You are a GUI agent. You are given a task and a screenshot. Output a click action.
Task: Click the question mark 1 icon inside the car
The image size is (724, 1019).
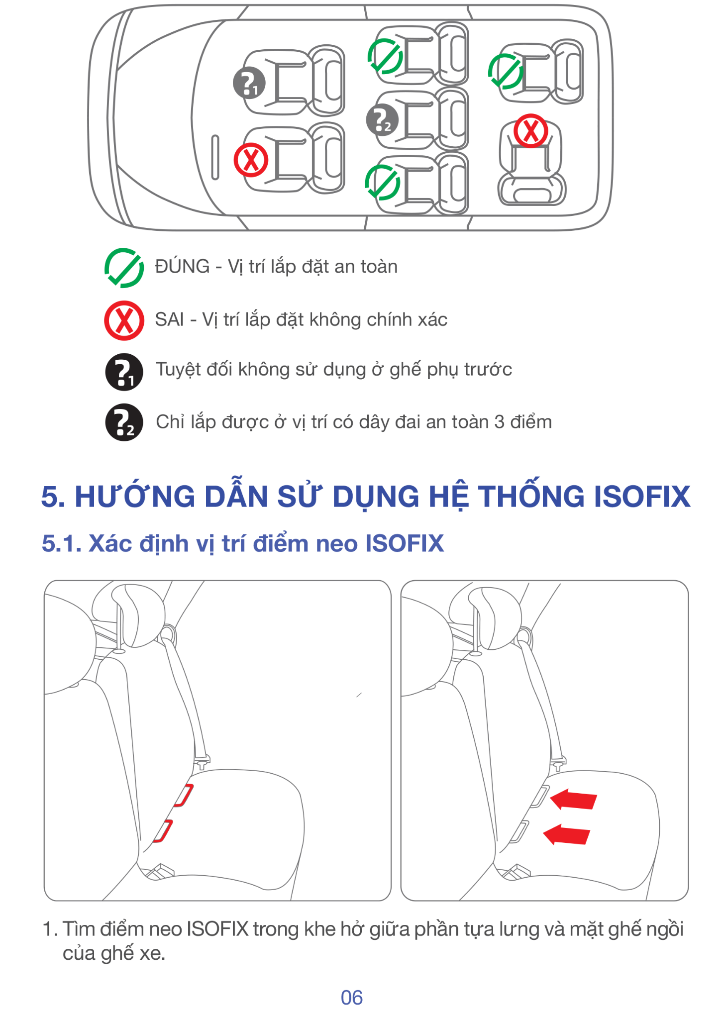249,83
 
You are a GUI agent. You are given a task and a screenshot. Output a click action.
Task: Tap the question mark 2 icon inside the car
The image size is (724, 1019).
382,120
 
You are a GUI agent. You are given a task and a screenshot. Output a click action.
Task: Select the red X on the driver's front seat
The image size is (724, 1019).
251,160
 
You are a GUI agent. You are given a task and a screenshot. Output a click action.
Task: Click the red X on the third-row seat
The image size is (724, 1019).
531,131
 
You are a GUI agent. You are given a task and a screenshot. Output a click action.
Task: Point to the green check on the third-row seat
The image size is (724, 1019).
506,72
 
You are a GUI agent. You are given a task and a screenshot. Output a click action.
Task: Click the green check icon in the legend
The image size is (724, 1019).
124,268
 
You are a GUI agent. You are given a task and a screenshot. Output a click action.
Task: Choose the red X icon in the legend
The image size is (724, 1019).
124,320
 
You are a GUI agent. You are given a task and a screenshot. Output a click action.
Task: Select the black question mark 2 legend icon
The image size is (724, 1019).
124,422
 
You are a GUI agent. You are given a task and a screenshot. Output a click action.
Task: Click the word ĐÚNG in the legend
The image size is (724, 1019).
182,266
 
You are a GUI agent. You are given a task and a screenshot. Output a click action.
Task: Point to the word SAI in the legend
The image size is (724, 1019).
170,319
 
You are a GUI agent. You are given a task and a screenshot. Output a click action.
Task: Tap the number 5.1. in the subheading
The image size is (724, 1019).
62,543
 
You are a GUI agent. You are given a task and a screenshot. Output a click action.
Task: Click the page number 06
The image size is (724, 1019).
352,998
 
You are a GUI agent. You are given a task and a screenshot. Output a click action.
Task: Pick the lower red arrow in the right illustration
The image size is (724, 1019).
566,834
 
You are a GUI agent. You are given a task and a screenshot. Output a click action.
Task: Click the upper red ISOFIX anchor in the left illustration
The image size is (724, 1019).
184,795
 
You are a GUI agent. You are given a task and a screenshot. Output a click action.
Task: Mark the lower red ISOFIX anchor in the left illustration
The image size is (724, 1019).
163,831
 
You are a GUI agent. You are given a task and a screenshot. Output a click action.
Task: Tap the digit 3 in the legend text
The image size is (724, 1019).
499,422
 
